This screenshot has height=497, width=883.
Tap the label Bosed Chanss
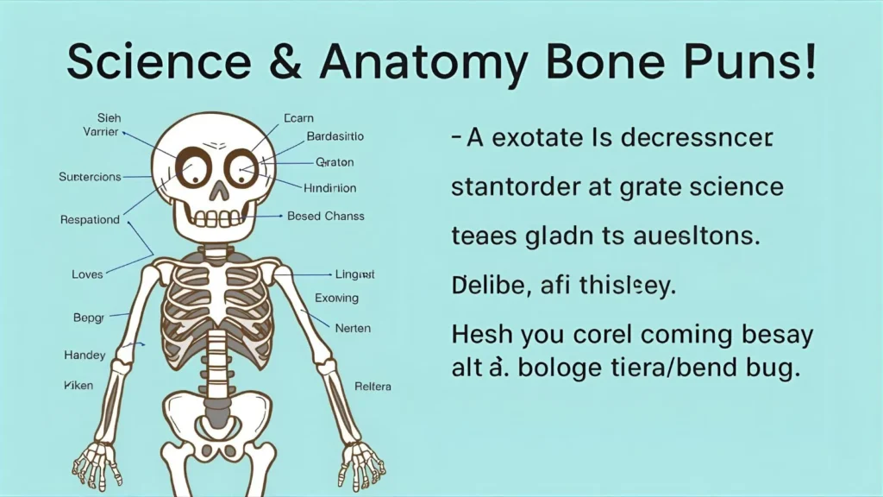(325, 217)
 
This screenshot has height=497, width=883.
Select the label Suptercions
(90, 177)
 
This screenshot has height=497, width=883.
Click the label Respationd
(90, 219)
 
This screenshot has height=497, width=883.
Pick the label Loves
(87, 274)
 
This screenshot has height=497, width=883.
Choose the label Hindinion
(329, 187)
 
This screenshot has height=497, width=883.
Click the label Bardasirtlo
(335, 136)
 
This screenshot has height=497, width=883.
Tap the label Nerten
(353, 329)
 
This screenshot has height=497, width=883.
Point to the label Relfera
(373, 386)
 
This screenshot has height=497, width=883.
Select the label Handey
(85, 355)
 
